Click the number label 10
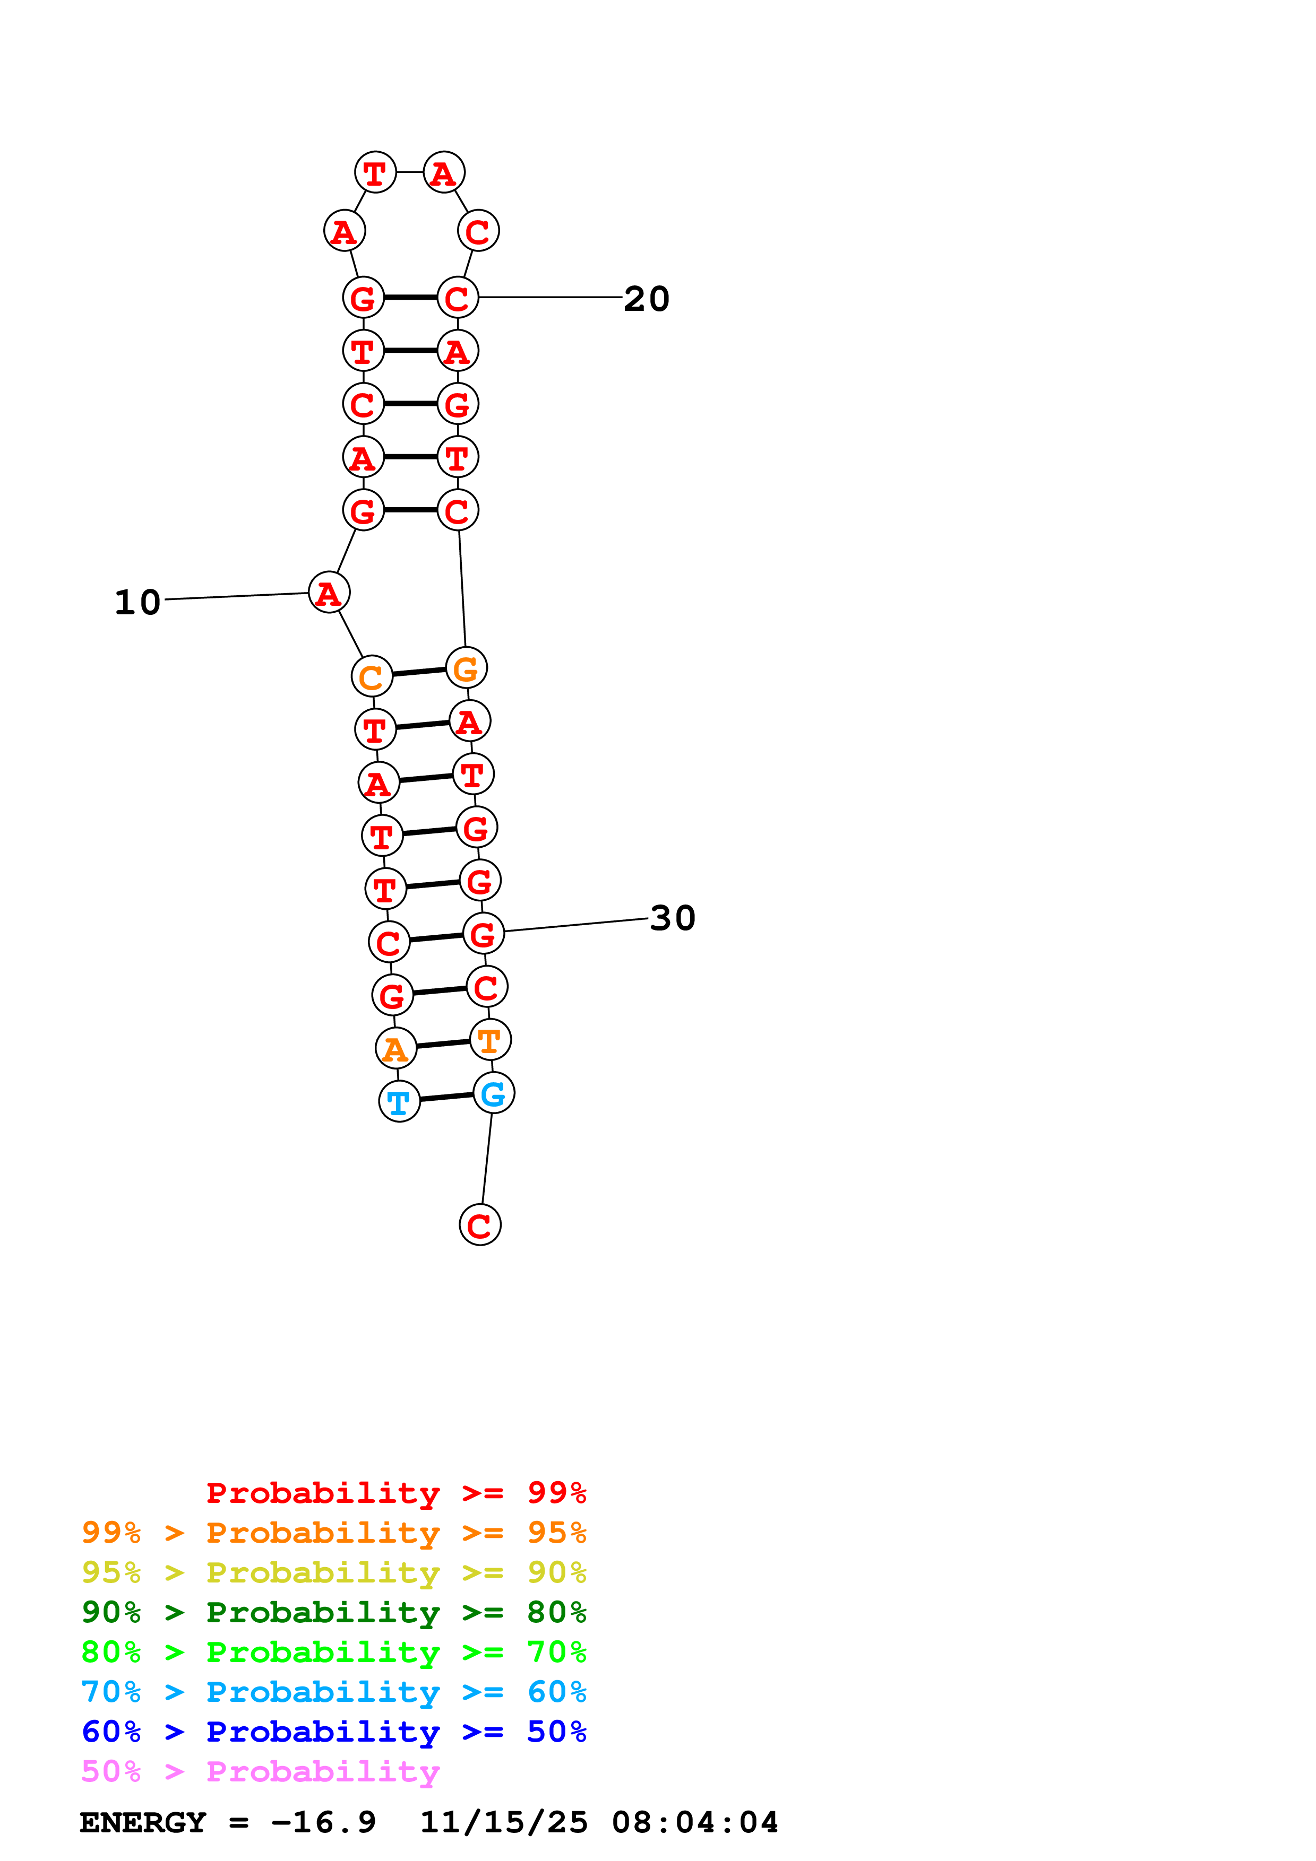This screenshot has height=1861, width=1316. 138,602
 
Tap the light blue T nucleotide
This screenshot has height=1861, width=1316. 399,1101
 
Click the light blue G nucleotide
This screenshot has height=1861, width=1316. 494,1093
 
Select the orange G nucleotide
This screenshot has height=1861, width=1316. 466,668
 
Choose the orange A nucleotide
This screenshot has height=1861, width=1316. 395,1049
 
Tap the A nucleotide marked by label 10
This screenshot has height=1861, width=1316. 329,593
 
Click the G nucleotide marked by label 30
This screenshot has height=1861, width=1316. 483,934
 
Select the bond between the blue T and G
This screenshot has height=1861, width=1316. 446,1098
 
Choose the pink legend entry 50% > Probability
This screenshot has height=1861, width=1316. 260,1772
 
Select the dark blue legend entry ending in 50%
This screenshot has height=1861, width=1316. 334,1732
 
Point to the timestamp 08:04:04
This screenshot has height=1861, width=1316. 695,1823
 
